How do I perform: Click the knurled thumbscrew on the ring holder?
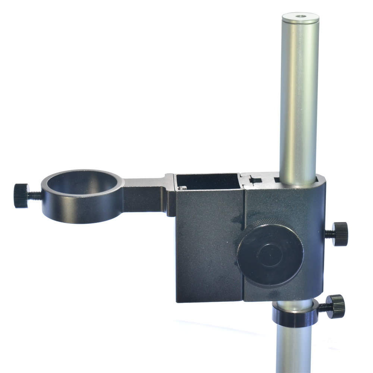pos(21,195)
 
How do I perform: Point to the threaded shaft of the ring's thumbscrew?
pos(35,195)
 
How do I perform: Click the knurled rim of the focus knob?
pos(257,228)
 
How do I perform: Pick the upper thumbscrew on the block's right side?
pos(340,234)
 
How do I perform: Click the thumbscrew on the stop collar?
pos(335,306)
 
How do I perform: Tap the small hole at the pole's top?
pos(300,16)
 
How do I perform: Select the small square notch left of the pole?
pos(256,181)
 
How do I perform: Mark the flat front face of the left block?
pos(207,254)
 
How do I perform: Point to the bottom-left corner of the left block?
pos(177,301)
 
